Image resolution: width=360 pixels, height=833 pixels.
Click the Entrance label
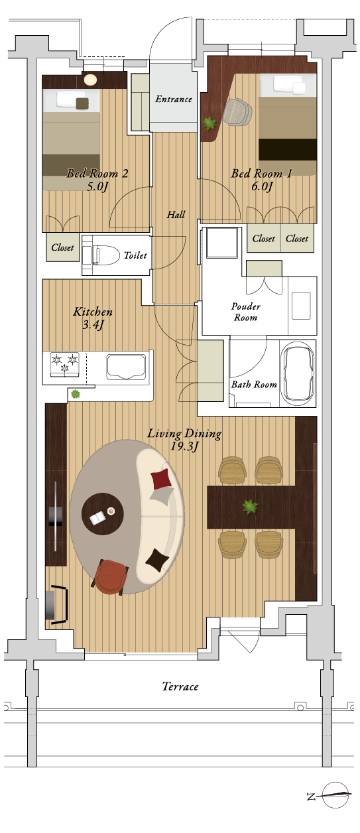pos(174,99)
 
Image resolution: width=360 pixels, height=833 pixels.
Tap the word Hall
pos(176,215)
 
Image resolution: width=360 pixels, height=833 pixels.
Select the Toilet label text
pos(135,255)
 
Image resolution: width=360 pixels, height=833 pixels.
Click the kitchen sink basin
pos(127,367)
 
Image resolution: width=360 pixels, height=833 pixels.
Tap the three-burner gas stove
pos(65,365)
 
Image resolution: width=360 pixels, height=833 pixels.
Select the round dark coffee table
pos(103,514)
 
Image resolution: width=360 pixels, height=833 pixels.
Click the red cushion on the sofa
pos(161,479)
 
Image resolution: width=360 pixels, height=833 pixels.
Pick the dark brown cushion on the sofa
pos(157,560)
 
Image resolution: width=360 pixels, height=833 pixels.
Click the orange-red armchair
pos(111,577)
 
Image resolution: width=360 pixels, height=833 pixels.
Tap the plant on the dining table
pos(250,507)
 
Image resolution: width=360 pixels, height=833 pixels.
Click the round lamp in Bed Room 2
pos(90,80)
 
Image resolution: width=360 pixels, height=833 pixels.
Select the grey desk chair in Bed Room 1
pos(237,112)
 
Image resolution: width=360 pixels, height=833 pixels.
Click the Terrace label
pos(180,686)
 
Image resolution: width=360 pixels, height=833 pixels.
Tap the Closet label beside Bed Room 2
pos(62,247)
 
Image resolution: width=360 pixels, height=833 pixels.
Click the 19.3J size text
pos(185,446)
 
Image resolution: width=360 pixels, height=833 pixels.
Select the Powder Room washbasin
pos(301,306)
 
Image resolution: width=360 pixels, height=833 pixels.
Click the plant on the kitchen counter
pos(76,393)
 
